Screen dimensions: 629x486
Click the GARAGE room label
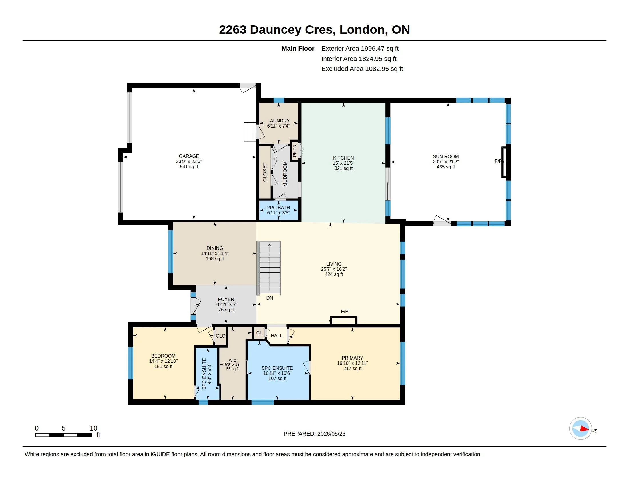(189, 156)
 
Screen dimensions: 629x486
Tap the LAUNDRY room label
(278, 121)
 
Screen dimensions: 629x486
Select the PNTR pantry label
(294, 151)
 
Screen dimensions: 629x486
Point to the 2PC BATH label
(278, 208)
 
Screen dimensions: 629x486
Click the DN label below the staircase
(270, 298)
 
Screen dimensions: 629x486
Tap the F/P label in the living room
(345, 311)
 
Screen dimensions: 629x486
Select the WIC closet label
(232, 360)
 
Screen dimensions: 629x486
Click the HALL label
(277, 336)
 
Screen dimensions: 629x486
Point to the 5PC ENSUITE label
(277, 368)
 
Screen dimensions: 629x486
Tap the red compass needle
(584, 429)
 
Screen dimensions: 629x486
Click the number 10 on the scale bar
(93, 428)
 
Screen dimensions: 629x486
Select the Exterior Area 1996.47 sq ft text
(360, 48)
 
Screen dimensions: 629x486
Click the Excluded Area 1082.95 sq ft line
(362, 69)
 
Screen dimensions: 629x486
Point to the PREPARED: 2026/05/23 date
(314, 434)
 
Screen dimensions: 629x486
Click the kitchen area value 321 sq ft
(343, 168)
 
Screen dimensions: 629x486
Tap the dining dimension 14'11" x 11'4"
(215, 253)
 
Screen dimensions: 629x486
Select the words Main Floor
(298, 48)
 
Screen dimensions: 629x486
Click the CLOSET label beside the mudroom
(265, 172)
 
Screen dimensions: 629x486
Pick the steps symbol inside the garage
(250, 132)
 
